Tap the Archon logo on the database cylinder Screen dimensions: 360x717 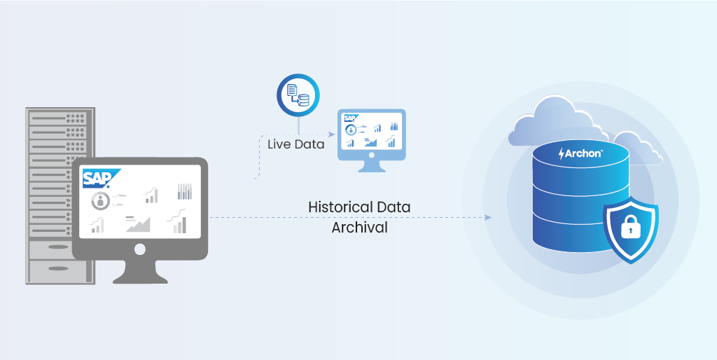click(580, 153)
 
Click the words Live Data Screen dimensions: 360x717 click(296, 144)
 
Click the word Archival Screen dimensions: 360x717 click(359, 228)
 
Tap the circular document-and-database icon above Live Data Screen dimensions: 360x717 click(298, 95)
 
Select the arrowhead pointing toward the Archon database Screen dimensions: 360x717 click(487, 217)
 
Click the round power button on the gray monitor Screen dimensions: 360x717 click(140, 249)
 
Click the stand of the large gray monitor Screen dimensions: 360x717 click(140, 272)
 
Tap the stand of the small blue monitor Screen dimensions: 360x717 click(371, 167)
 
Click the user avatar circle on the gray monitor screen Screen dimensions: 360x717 click(102, 202)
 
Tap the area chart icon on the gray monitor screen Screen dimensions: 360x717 click(138, 224)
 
